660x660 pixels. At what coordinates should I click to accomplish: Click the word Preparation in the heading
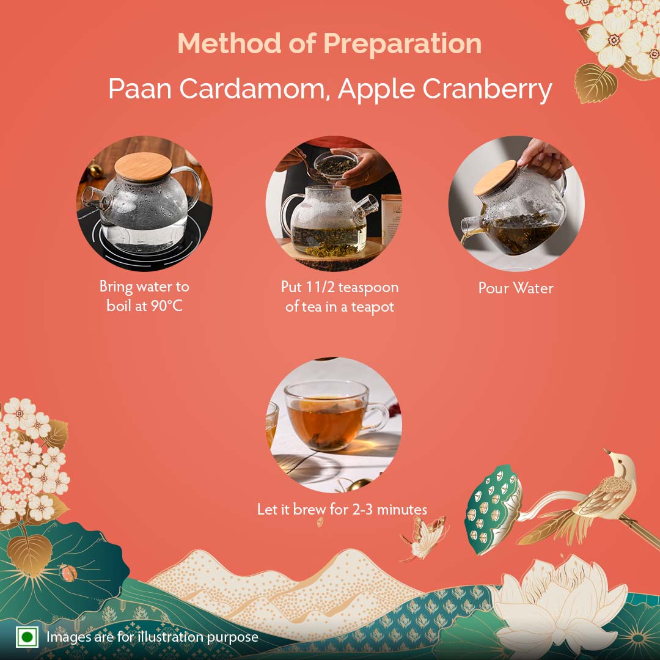pyautogui.click(x=402, y=44)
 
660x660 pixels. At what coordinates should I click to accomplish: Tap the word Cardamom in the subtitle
pyautogui.click(x=254, y=89)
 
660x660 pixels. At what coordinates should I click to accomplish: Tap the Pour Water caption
pyautogui.click(x=516, y=288)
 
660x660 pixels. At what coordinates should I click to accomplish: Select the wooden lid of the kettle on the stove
pyautogui.click(x=143, y=166)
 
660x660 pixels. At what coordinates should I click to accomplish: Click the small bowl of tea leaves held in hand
pyautogui.click(x=336, y=163)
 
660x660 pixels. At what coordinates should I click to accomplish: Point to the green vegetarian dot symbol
pyautogui.click(x=28, y=637)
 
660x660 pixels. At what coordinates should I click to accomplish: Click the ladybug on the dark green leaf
pyautogui.click(x=68, y=573)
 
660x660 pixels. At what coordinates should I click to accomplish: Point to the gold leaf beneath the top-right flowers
pyautogui.click(x=596, y=82)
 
